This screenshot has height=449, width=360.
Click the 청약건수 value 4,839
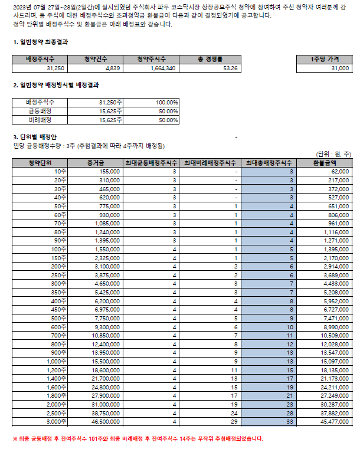coord(112,68)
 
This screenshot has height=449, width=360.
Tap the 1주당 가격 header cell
coord(324,60)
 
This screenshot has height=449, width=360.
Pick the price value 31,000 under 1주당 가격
coord(340,68)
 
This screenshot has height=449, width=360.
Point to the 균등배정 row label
coord(40,111)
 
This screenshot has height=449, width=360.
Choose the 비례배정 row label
coord(40,120)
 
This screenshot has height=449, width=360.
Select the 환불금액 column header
coord(324,162)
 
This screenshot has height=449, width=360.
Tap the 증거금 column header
coord(95,162)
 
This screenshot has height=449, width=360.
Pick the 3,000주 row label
coord(57,422)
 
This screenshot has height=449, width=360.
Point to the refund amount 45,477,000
coord(334,422)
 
